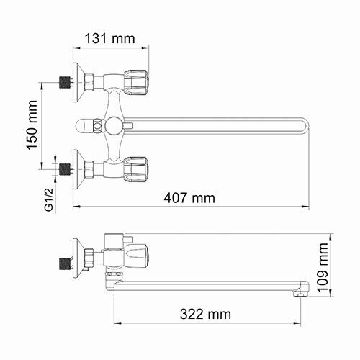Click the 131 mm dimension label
click(111, 38)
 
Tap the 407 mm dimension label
click(190, 197)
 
